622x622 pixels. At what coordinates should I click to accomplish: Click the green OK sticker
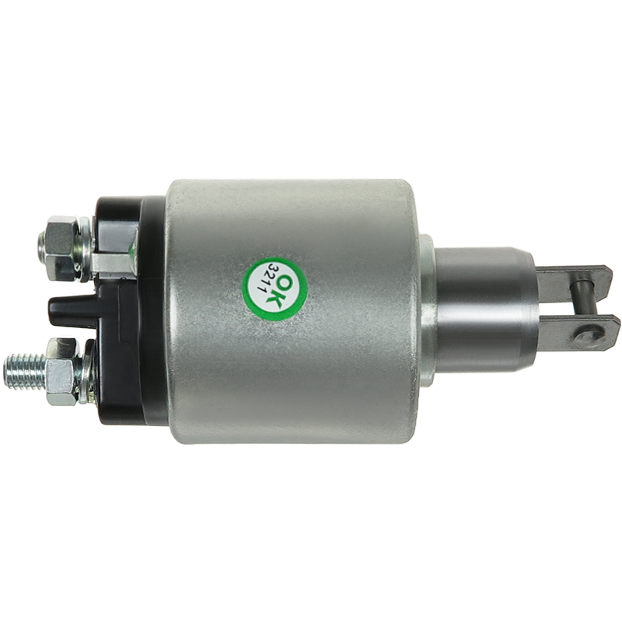pos(275,288)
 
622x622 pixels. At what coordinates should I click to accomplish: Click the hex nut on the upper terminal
pos(61,249)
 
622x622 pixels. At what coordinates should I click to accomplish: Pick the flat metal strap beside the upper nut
pos(114,264)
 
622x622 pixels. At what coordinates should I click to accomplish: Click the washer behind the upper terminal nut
pos(85,249)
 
